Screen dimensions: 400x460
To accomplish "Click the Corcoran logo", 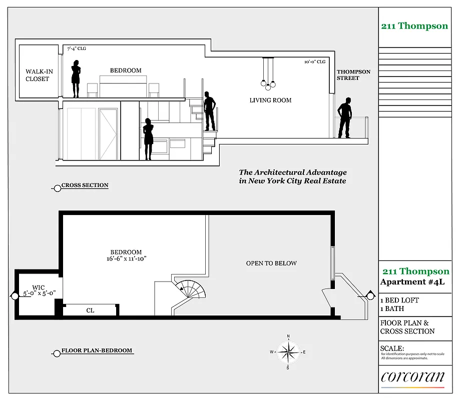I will pos(412,376).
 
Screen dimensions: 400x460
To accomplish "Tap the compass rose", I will pos(288,352).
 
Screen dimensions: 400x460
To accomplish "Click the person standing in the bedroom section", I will pos(76,78).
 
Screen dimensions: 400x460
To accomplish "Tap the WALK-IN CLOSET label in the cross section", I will pos(39,75).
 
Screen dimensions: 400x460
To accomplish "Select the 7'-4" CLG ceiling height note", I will pos(77,49).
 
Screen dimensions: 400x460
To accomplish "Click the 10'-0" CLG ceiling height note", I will pos(315,62).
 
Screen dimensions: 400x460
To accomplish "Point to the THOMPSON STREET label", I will pos(353,75).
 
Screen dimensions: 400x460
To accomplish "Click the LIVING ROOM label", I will pos(270,100).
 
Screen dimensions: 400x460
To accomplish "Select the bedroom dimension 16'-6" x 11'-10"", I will pos(126,255).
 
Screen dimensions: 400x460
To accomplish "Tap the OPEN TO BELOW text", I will pos(271,263).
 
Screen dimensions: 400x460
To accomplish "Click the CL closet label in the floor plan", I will pos(90,310).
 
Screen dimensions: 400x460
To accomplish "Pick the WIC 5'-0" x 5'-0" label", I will pos(39,290).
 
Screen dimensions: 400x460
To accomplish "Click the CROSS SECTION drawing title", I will pos(85,185).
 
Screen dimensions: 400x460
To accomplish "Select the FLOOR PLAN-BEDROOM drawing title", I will pos(97,350).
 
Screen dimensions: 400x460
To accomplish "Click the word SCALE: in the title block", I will pos(392,348).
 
